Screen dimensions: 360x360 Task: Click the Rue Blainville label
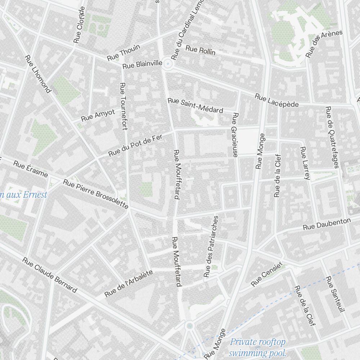tap(142, 64)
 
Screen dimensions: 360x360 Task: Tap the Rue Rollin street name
tap(201, 50)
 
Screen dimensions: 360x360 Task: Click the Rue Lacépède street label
tap(277, 100)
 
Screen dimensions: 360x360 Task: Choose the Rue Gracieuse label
tap(235, 135)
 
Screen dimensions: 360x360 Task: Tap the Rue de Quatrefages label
tap(332, 137)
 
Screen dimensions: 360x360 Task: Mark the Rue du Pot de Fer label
tap(136, 145)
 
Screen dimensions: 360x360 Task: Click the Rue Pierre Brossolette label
tap(95, 194)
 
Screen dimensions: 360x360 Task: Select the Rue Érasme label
tap(31, 169)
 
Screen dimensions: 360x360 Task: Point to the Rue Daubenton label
tap(327, 224)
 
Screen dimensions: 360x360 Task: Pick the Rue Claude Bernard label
tap(50, 275)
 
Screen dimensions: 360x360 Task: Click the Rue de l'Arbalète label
tap(129, 284)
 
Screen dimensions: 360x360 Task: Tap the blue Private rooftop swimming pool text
tap(258, 347)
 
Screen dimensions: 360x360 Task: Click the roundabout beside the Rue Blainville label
tap(167, 64)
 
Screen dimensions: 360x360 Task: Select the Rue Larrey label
tap(305, 163)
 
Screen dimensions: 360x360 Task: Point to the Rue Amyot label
tap(98, 116)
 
